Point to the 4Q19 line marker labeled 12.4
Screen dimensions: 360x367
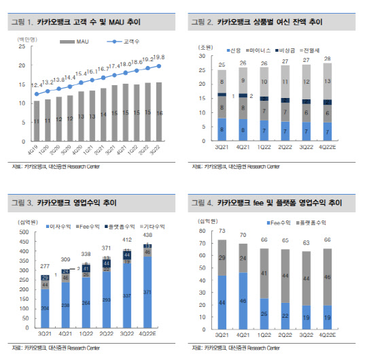point(37,94)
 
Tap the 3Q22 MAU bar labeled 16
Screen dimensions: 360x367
point(158,112)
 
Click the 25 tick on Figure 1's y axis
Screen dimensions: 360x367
point(23,49)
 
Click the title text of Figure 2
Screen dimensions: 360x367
point(269,22)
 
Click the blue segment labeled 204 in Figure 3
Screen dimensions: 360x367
point(44,308)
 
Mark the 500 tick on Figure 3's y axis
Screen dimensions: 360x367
point(24,233)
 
